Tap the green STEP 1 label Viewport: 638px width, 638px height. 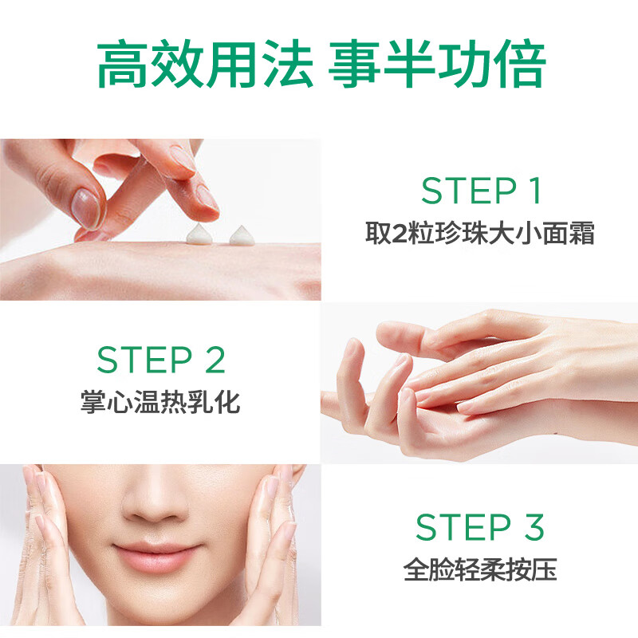(x=481, y=191)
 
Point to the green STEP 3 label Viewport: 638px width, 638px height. (x=480, y=528)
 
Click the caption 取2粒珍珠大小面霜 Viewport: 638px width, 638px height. (x=480, y=234)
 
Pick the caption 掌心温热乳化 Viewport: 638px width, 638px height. (x=160, y=401)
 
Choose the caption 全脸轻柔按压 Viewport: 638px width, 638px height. (x=480, y=570)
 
